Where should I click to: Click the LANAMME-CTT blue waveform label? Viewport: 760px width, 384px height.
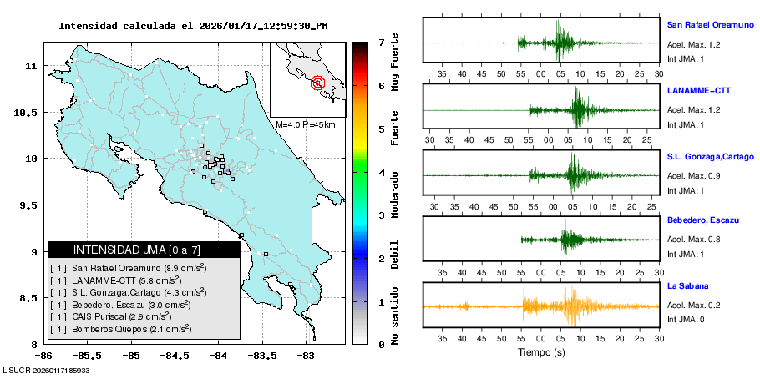click(695, 89)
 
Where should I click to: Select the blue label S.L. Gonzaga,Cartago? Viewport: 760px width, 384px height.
click(710, 156)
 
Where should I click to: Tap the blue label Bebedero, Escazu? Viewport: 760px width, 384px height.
click(702, 220)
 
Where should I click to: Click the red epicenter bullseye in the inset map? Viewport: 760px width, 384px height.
click(317, 82)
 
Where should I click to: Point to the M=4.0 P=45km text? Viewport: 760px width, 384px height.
click(305, 124)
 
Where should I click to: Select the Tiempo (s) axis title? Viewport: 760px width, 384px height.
click(541, 353)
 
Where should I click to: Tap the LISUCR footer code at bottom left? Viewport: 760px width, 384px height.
click(47, 369)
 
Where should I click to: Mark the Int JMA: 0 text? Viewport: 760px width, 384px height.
click(686, 320)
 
